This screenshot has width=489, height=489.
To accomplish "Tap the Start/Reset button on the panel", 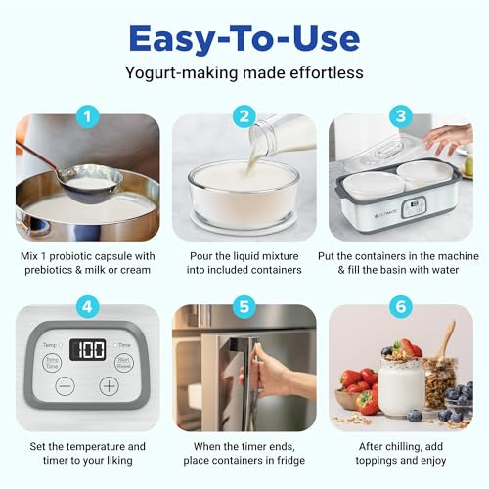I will coord(125,364).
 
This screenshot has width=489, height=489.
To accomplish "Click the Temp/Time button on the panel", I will coord(51,363).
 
